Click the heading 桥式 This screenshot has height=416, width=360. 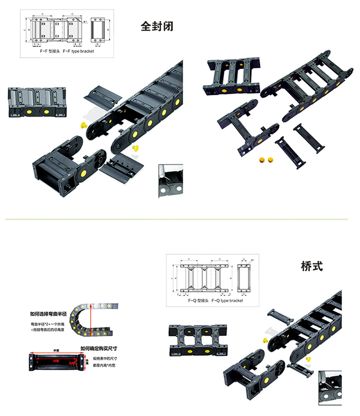pyautogui.click(x=311, y=267)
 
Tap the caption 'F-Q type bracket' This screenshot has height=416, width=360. pyautogui.click(x=227, y=301)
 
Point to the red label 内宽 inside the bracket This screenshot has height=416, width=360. pyautogui.click(x=55, y=361)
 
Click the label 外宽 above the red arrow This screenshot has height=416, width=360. pyautogui.click(x=56, y=350)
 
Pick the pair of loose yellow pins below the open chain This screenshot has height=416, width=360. pyautogui.click(x=266, y=160)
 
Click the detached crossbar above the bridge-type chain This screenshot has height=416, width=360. pyautogui.click(x=279, y=317)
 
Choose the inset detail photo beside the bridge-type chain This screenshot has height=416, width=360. pyautogui.click(x=330, y=388)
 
